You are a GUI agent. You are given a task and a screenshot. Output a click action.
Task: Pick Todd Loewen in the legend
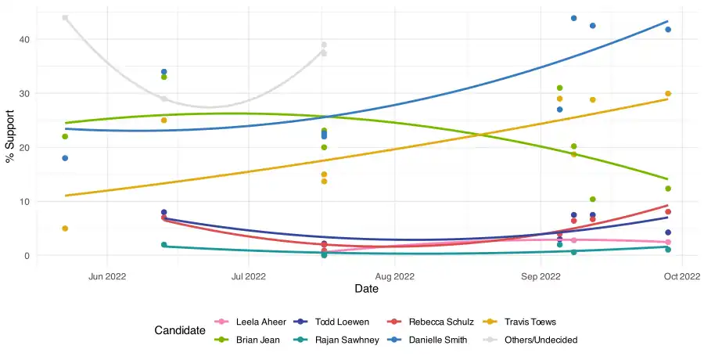click(x=344, y=322)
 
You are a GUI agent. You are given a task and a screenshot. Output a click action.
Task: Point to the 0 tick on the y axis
click(x=27, y=256)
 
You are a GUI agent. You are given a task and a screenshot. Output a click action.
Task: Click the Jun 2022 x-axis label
click(x=107, y=276)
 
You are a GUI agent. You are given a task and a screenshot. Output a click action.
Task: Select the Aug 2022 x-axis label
click(x=394, y=276)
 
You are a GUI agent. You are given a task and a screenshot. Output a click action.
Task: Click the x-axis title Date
click(x=367, y=290)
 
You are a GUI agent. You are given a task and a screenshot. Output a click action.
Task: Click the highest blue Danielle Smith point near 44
click(x=573, y=18)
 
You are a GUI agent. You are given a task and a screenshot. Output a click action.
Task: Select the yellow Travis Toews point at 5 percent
click(x=65, y=229)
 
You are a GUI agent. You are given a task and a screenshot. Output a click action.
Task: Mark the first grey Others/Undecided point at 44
click(x=65, y=18)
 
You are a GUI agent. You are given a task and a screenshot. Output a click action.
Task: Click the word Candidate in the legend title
click(x=180, y=331)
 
